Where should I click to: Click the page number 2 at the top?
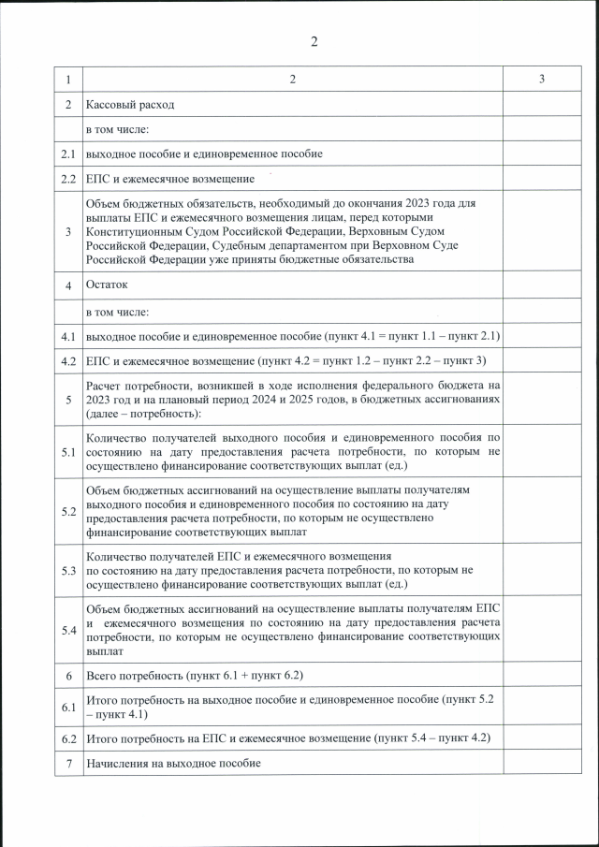click(x=314, y=41)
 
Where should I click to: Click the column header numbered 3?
click(x=542, y=80)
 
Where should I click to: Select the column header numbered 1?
click(x=68, y=80)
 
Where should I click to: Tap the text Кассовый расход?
click(x=130, y=105)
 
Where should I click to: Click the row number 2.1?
click(x=68, y=153)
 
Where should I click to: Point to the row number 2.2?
click(x=68, y=178)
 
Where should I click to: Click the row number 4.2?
click(x=68, y=360)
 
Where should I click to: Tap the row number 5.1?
click(x=68, y=451)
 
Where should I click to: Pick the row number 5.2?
click(x=68, y=511)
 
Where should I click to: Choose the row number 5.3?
click(x=68, y=570)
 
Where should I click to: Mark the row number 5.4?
click(x=68, y=630)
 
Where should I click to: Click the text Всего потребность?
click(x=135, y=675)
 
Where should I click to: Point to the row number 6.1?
click(x=68, y=707)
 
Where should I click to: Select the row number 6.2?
click(x=68, y=738)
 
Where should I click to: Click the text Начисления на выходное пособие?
click(x=173, y=764)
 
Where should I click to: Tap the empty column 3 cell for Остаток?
click(x=542, y=285)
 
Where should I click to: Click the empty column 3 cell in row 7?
click(x=542, y=764)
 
